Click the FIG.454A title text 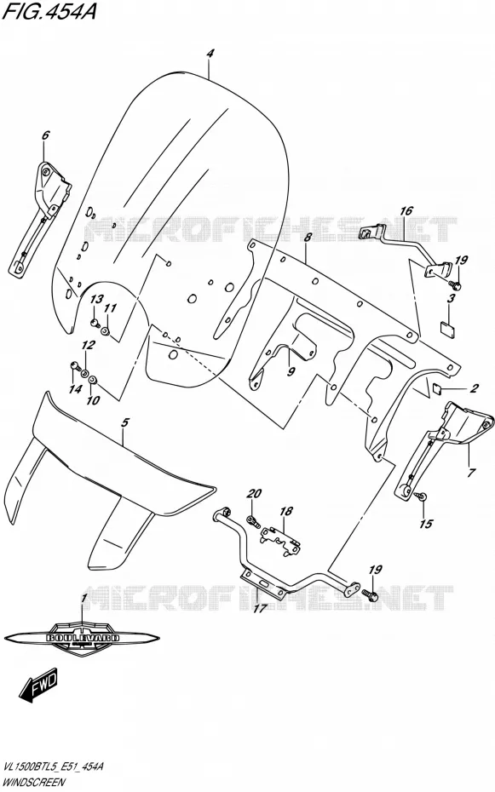pyautogui.click(x=49, y=11)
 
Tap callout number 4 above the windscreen pyautogui.click(x=210, y=54)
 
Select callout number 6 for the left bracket pyautogui.click(x=46, y=135)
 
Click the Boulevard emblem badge pyautogui.click(x=81, y=639)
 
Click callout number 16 pyautogui.click(x=406, y=210)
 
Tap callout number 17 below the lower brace pyautogui.click(x=260, y=609)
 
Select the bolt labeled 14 pyautogui.click(x=73, y=365)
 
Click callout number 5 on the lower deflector pyautogui.click(x=126, y=422)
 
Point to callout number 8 pyautogui.click(x=308, y=238)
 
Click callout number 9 pyautogui.click(x=291, y=371)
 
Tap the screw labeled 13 pyautogui.click(x=95, y=322)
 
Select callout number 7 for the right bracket pyautogui.click(x=471, y=473)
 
